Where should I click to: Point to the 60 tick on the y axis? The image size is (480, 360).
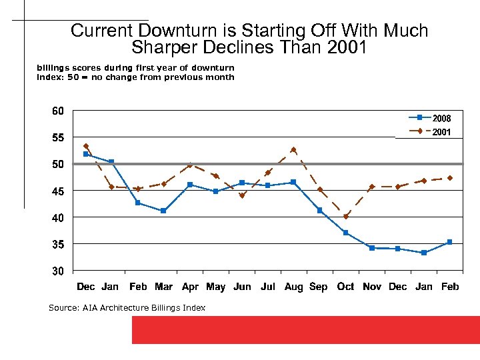(57, 111)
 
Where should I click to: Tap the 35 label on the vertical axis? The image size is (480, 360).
(57, 245)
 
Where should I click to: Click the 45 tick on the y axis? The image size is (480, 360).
(57, 191)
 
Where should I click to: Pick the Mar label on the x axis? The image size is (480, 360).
(163, 287)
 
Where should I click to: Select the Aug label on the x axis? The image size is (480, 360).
(293, 287)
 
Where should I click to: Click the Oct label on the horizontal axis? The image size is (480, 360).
(345, 287)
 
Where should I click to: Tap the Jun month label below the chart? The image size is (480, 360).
(242, 287)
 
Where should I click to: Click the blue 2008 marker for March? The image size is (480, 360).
(163, 211)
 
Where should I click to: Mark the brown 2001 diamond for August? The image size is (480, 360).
(293, 150)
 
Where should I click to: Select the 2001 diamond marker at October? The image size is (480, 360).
(345, 216)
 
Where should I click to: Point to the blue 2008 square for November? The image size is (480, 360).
(371, 248)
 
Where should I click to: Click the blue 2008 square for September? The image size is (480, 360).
(319, 211)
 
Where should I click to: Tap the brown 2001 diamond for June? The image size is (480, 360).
(242, 195)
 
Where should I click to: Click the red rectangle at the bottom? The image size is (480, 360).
(305, 330)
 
